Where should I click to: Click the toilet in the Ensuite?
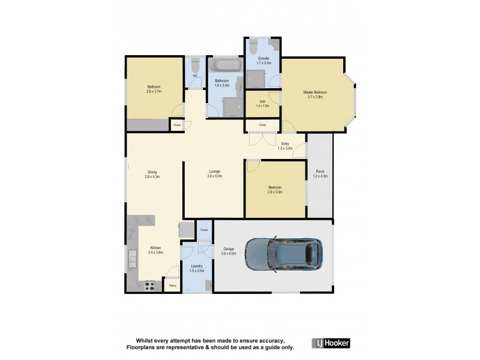(253, 48)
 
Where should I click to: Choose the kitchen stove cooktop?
(149, 286)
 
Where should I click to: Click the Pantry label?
(173, 286)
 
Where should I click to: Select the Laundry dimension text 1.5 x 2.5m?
(197, 271)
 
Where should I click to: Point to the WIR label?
(262, 101)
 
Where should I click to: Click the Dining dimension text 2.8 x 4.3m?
(153, 176)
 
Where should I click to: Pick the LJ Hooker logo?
(331, 343)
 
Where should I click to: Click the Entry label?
(285, 143)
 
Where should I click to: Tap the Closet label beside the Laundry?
(204, 230)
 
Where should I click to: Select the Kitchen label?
(156, 248)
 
